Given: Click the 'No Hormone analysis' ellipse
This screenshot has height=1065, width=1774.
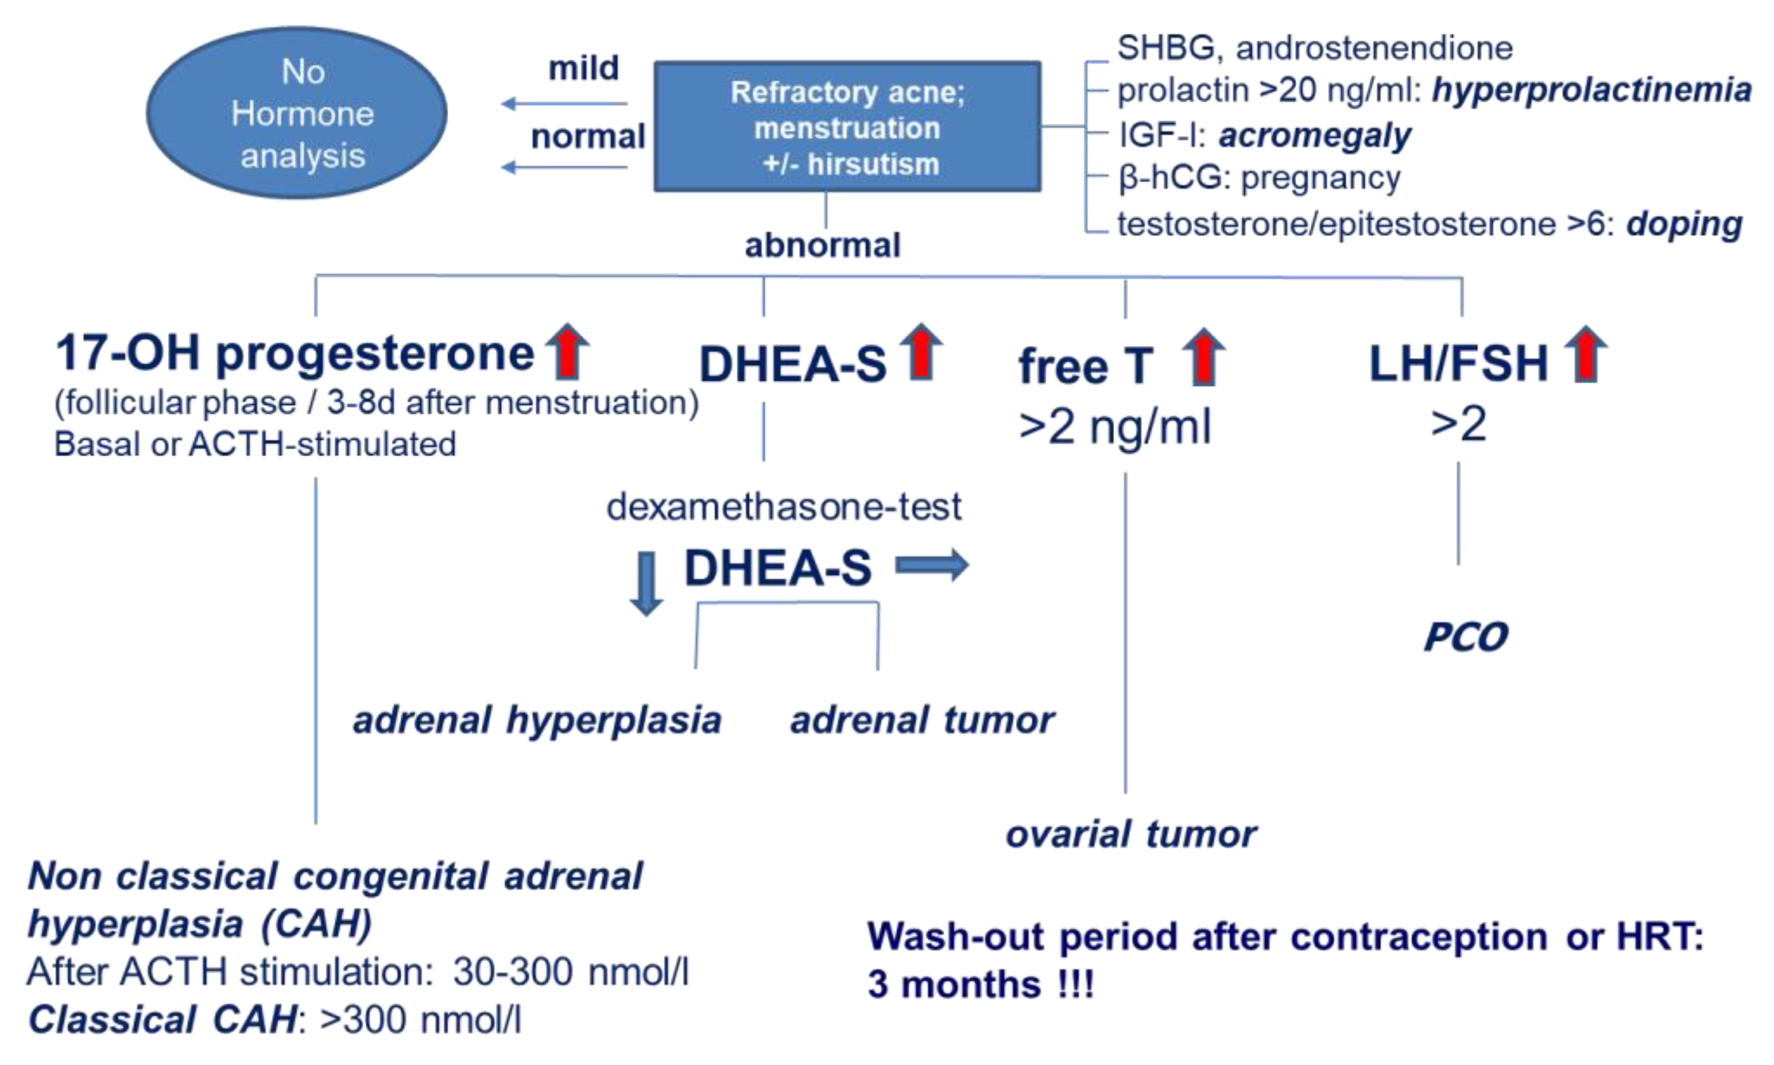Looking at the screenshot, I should (x=296, y=113).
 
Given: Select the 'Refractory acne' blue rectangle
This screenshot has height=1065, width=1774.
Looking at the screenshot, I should (x=847, y=127).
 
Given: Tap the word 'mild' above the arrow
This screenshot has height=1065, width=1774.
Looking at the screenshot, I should (x=583, y=68).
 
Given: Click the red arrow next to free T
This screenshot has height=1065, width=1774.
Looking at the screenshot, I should (x=1203, y=357).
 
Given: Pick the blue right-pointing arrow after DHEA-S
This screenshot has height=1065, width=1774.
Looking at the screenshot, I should (x=932, y=565).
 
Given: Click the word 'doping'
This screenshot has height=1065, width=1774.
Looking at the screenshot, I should (x=1683, y=224).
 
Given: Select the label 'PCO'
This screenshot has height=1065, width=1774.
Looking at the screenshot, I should (x=1466, y=636).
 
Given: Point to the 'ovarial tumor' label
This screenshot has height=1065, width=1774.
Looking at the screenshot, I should (x=1130, y=834).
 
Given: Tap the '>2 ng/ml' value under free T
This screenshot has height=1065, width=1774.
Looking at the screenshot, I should (x=1114, y=426).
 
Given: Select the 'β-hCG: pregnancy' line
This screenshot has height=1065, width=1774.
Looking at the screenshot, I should (x=1259, y=178).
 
